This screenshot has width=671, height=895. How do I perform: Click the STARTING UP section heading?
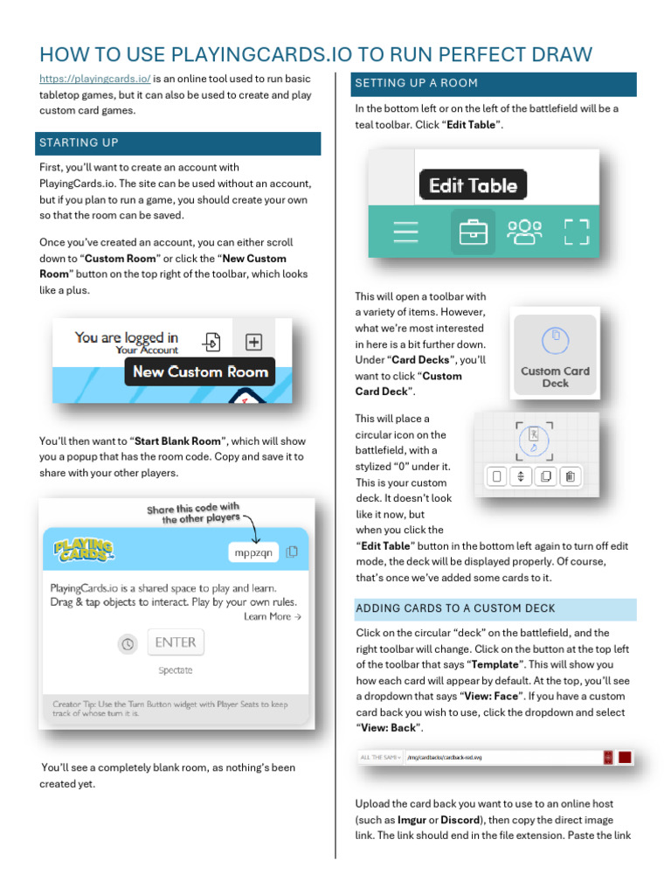click(79, 142)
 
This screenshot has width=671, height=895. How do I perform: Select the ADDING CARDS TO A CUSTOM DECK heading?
click(455, 608)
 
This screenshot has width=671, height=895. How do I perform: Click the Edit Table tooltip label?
click(473, 185)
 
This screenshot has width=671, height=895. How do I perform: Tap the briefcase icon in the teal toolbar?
click(473, 232)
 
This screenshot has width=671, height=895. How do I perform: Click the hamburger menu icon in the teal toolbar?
click(405, 232)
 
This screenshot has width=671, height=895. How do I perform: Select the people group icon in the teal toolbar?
click(524, 232)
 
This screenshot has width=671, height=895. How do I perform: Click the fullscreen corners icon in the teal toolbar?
click(576, 232)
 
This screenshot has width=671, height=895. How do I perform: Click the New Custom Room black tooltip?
click(200, 371)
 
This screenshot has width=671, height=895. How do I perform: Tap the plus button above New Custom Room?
click(253, 341)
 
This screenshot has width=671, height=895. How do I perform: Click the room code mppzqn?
click(252, 552)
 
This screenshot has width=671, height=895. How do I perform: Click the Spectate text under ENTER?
click(176, 670)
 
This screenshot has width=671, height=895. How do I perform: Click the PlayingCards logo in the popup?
click(83, 551)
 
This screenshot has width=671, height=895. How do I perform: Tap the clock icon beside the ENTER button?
click(128, 643)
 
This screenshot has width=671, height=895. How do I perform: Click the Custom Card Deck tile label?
click(555, 377)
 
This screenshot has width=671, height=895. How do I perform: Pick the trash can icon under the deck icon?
click(569, 476)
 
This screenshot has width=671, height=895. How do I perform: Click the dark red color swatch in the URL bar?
click(624, 757)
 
